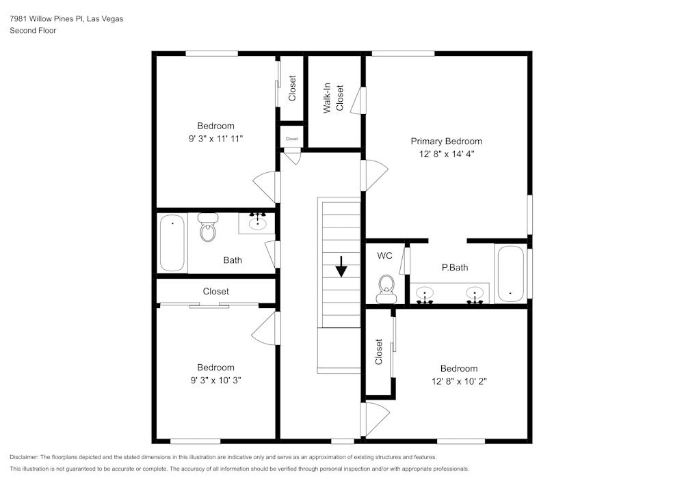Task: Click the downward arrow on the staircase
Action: point(341,266)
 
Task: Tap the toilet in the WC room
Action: point(386,289)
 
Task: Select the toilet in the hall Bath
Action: point(208,227)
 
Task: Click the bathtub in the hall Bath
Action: point(172,243)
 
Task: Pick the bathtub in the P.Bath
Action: point(510,274)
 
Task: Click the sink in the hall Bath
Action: point(257,223)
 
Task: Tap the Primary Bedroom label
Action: point(446,141)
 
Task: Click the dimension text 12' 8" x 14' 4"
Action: point(446,154)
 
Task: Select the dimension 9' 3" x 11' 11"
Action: point(215,139)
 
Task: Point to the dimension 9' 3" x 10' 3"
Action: point(215,381)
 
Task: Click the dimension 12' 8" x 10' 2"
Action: point(459,381)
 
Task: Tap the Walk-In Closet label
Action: point(333,98)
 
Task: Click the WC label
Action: point(384,256)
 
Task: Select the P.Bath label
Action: point(455,267)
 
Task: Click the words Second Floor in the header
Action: point(33,31)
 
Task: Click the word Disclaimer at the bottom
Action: point(23,457)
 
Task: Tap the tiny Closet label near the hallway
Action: point(292,139)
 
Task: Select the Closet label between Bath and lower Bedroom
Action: point(215,291)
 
